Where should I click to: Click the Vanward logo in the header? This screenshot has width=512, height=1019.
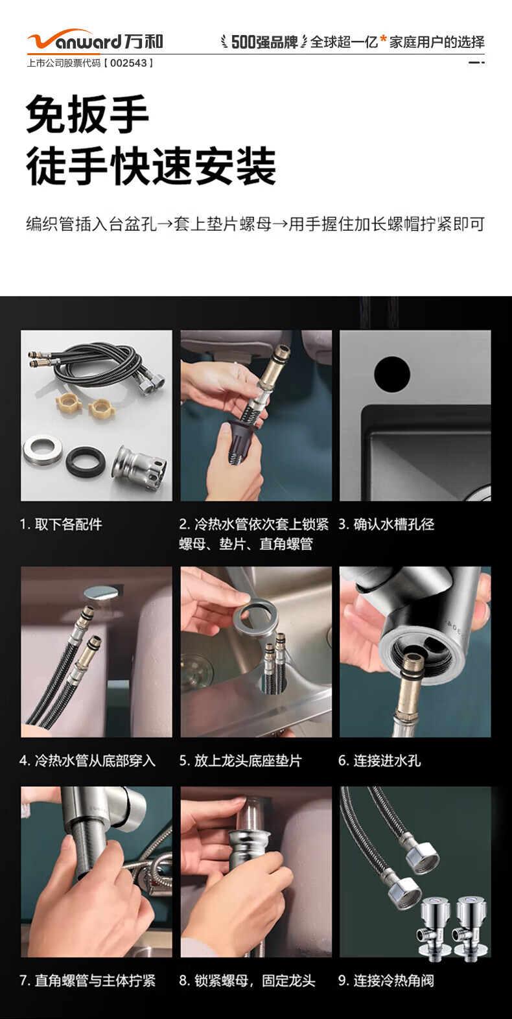point(95,40)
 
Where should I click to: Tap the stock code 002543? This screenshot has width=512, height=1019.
point(129,64)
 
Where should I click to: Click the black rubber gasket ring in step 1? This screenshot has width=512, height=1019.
point(86,462)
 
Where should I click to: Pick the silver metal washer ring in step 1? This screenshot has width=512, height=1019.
point(42,450)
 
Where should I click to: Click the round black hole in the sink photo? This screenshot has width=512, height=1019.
point(392,375)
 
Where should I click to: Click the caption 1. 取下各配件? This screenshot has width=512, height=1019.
point(61,524)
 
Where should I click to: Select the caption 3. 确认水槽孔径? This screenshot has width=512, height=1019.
point(386,524)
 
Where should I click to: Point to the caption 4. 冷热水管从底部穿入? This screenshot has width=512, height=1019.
point(87,760)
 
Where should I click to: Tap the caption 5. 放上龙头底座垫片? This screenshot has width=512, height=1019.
point(240,760)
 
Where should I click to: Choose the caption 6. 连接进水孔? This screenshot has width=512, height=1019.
point(380,760)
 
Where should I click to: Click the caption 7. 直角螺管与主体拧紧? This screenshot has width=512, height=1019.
point(87,980)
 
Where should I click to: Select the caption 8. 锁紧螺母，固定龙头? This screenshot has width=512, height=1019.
point(248,980)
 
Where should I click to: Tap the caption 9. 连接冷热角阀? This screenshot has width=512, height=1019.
point(386,980)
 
